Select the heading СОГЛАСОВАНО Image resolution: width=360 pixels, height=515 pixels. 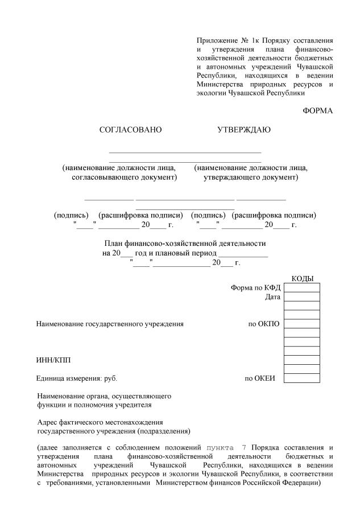click(x=131, y=130)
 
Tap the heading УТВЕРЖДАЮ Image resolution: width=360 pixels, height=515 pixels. click(x=244, y=130)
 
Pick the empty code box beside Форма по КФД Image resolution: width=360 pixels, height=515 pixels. click(x=301, y=287)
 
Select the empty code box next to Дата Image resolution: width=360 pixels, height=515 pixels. click(x=301, y=296)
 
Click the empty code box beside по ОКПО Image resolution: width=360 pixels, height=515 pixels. click(x=301, y=324)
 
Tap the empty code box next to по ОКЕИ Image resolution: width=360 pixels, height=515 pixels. click(x=301, y=378)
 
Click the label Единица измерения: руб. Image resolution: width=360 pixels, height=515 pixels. click(x=77, y=378)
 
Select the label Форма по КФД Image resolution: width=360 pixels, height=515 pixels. click(x=255, y=287)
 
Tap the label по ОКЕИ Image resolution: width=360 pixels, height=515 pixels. click(x=260, y=378)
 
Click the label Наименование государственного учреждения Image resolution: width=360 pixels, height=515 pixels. click(x=110, y=324)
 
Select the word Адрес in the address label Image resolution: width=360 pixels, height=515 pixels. click(x=47, y=422)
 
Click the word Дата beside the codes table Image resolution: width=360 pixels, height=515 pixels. click(x=272, y=296)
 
